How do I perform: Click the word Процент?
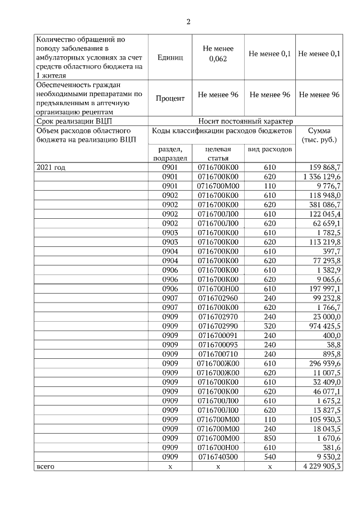(170, 98)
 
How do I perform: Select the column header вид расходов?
(269, 150)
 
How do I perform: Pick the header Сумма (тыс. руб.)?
(319, 135)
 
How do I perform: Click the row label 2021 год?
(51, 168)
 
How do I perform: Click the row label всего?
(46, 466)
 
